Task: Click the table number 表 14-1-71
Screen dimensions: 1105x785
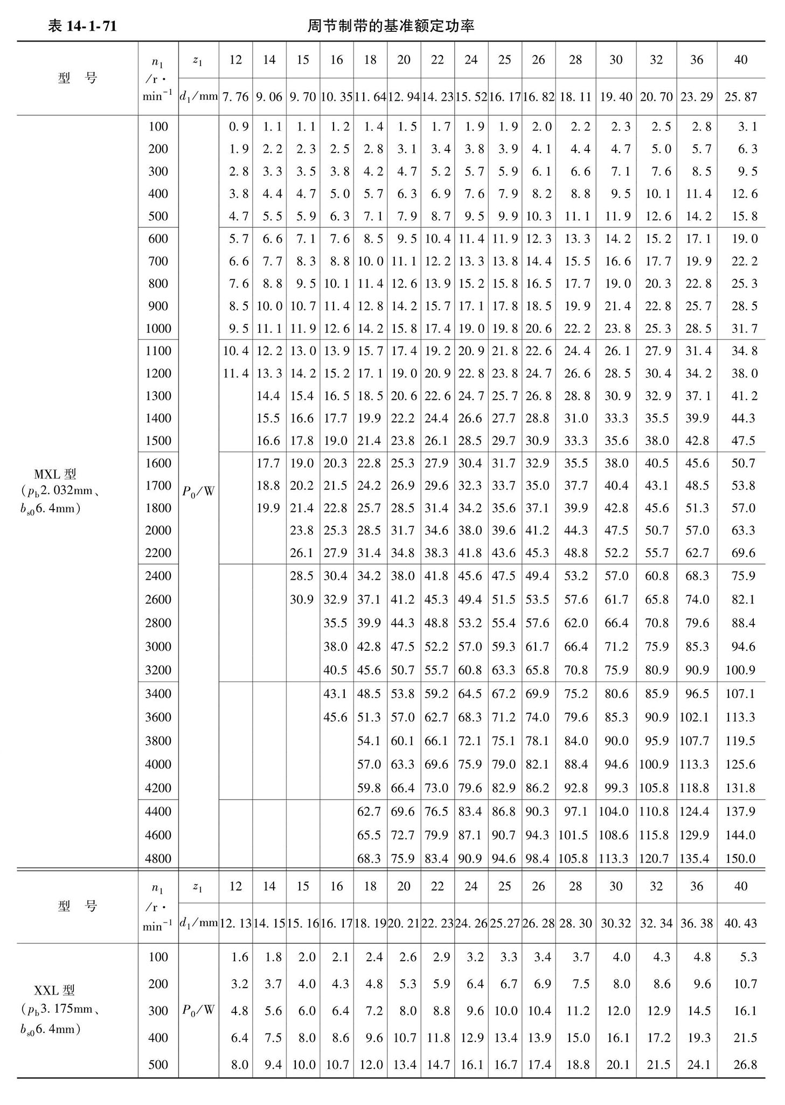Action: point(82,26)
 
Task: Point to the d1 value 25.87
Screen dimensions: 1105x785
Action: point(740,97)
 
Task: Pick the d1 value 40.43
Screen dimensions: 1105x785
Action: point(740,923)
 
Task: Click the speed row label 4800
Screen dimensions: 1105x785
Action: point(158,858)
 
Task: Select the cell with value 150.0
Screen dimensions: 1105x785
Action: point(740,858)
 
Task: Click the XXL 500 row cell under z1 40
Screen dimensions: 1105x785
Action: point(745,1064)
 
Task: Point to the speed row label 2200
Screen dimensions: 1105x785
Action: point(158,553)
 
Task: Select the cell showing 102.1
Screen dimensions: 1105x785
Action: point(694,717)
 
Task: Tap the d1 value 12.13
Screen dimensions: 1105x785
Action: point(235,923)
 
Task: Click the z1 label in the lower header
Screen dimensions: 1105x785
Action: point(197,886)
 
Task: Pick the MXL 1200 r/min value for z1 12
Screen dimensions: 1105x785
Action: point(235,373)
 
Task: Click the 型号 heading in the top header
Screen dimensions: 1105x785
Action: point(77,78)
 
